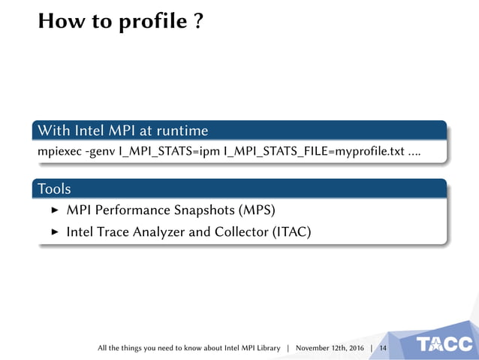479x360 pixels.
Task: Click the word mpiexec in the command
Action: coord(59,153)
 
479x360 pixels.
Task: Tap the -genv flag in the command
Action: coord(100,153)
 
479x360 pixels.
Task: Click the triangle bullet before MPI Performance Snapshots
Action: coord(54,210)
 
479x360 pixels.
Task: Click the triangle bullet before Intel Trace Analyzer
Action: coord(54,232)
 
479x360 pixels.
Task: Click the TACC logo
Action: coord(445,344)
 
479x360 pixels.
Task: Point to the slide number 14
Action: coord(383,348)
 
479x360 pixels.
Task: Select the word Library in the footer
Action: coord(267,348)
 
